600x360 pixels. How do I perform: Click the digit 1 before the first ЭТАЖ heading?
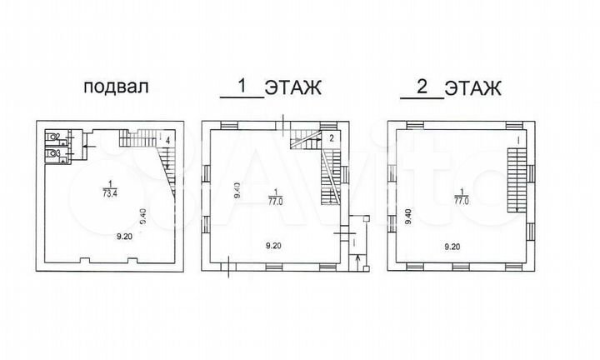click(242, 85)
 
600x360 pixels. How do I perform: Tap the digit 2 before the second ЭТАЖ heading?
click(422, 85)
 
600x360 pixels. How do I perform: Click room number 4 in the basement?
click(167, 139)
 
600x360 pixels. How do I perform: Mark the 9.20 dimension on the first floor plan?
click(274, 245)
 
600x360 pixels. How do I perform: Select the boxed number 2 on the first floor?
click(331, 138)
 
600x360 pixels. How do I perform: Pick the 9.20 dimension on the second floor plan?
click(452, 246)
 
